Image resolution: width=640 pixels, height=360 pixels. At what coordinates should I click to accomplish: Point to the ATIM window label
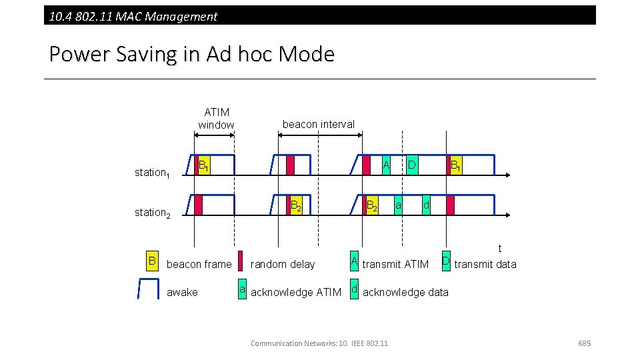pos(216,119)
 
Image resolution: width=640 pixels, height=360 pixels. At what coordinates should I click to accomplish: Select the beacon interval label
pos(319,124)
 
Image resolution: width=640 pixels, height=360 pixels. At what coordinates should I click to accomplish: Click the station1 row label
pos(152,173)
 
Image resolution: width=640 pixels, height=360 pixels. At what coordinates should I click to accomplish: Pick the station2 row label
pos(152,213)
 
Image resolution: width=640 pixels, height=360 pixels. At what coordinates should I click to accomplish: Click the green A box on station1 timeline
pos(385,165)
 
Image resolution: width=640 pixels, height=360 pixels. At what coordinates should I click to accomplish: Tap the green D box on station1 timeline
pos(412,165)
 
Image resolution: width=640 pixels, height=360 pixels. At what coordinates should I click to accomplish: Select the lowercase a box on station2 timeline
pos(398,205)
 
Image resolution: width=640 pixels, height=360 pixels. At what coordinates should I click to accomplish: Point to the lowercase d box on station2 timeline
pos(426,205)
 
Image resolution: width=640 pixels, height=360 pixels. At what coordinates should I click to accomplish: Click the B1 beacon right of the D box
pos(455,165)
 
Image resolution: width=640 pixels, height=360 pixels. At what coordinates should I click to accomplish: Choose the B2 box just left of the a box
pos(373,205)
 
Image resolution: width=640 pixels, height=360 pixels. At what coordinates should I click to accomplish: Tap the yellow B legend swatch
pos(153,261)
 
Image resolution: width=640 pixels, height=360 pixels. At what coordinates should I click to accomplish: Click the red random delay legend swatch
pos(241,261)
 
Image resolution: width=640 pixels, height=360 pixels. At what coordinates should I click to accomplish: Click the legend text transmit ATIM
pos(395,265)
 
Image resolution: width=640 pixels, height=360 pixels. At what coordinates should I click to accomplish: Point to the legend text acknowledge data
pos(405,293)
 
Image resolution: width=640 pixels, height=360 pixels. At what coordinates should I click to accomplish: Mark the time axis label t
pos(500,249)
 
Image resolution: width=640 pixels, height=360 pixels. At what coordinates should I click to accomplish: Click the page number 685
pos(584,343)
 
